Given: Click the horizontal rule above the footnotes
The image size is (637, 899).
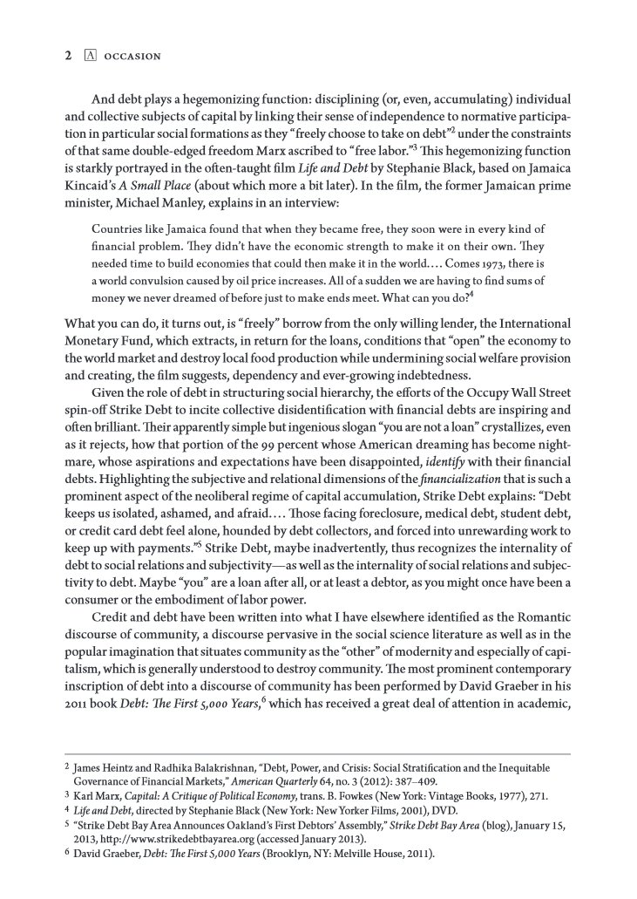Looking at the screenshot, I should (317, 755).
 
